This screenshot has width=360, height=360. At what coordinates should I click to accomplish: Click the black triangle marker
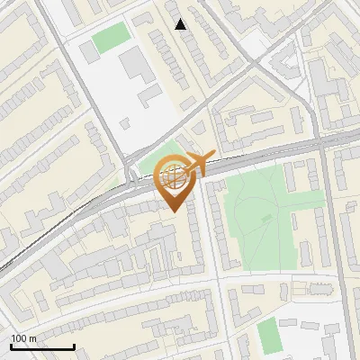click(x=181, y=24)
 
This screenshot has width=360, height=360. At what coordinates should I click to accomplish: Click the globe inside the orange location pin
click(x=175, y=176)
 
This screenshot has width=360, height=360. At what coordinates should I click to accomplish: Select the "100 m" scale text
click(x=24, y=338)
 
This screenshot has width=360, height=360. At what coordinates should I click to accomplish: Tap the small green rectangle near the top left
click(x=111, y=38)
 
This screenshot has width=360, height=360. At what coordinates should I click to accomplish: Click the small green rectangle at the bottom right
click(x=268, y=334)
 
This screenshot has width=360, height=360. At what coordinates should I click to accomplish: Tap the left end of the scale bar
click(x=12, y=346)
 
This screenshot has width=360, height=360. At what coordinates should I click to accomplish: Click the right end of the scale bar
click(x=74, y=346)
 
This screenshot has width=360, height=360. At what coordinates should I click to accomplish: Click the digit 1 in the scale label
click(x=13, y=338)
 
